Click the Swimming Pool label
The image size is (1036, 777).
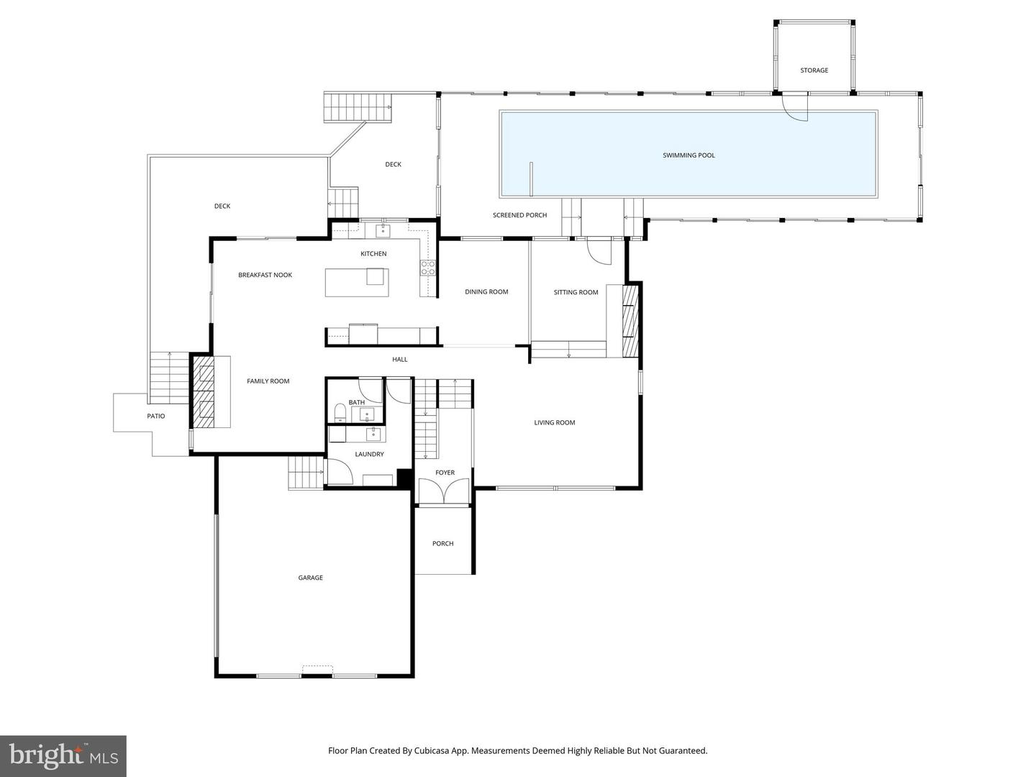689,155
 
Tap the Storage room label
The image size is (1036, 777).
814,71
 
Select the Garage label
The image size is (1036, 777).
311,578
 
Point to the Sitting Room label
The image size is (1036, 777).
576,292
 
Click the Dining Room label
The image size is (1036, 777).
486,292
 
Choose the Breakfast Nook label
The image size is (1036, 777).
265,275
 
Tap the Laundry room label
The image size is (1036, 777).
369,454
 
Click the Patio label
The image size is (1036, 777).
156,416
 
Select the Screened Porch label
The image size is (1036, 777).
519,215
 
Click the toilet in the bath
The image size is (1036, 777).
340,412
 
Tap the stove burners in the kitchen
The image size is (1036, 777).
428,268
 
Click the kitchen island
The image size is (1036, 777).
357,282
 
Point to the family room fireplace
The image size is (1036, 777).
202,391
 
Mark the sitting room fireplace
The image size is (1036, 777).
630,321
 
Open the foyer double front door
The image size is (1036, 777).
445,492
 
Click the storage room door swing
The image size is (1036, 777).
796,108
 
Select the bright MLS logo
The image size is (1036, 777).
63,755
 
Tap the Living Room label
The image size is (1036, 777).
554,422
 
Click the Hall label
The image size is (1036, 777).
399,359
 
